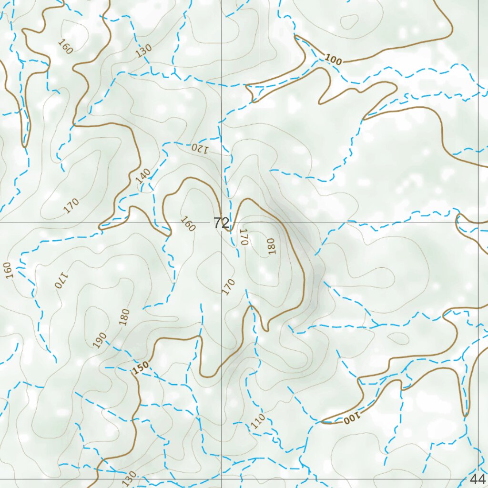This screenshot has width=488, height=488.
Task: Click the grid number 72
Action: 222,223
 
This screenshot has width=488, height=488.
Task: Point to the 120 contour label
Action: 200,148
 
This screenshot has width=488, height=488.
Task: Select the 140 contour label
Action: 143,176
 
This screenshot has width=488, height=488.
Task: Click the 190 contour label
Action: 100,340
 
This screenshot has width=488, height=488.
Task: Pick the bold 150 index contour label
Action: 141,368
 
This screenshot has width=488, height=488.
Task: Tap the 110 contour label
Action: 258,421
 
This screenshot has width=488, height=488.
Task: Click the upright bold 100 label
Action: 334,60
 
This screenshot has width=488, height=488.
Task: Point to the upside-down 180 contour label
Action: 271,246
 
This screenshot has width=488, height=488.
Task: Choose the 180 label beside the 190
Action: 124,317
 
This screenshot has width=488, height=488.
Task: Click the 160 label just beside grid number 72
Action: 188,224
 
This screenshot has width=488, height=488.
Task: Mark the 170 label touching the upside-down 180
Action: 244,237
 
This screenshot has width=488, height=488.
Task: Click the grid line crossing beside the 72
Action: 222,223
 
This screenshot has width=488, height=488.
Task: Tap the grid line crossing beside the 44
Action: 478,478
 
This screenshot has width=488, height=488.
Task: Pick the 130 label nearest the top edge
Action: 143,51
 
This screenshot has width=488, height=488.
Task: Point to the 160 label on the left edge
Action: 7,270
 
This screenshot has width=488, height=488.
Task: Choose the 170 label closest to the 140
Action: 71,206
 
